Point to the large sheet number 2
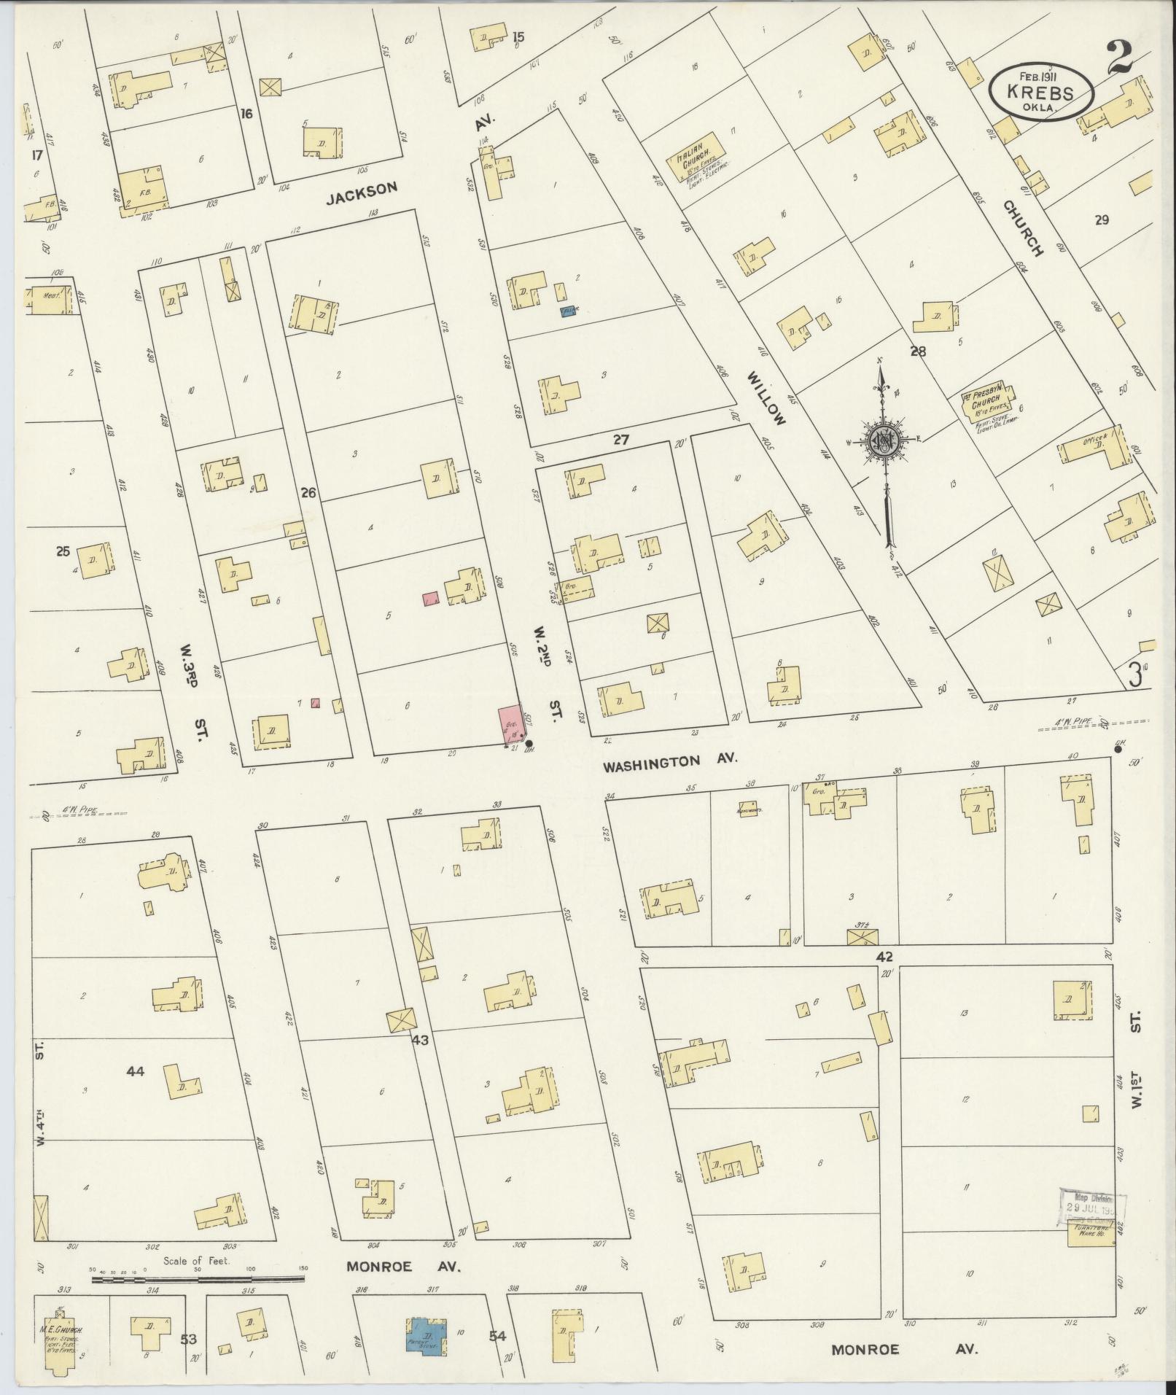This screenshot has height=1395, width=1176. tap(1123, 58)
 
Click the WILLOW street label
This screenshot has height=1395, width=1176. tap(766, 397)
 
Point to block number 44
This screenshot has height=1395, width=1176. tap(135, 1071)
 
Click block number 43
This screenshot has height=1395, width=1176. tap(420, 1041)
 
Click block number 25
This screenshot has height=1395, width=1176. tap(62, 551)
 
